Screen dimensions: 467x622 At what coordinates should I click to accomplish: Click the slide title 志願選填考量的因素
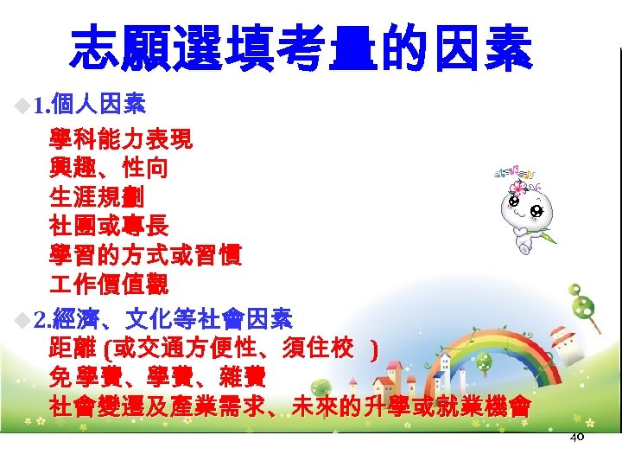click(301, 48)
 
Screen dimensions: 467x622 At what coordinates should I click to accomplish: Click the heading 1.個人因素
click(89, 106)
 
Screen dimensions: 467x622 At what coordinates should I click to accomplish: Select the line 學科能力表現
click(121, 139)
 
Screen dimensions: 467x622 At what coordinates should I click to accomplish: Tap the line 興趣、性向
click(109, 168)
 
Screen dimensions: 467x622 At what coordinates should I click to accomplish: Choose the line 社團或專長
click(109, 227)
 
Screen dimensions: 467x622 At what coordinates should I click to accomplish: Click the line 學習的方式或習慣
click(145, 256)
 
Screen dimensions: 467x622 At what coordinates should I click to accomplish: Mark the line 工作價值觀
click(109, 285)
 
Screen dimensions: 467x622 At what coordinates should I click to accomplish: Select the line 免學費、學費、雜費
click(157, 378)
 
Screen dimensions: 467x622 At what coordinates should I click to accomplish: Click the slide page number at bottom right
click(577, 438)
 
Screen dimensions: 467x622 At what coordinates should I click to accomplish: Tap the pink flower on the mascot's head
click(519, 187)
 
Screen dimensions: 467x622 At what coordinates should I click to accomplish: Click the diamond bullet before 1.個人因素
click(22, 107)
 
